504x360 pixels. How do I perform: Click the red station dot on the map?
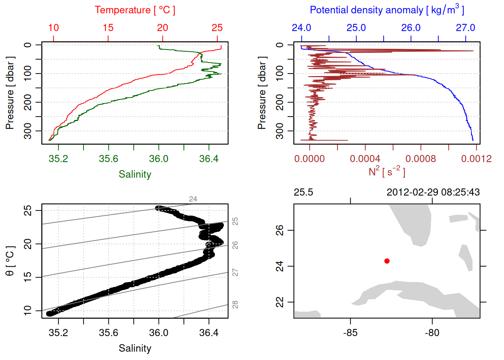click(x=387, y=261)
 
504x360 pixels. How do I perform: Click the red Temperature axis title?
click(x=135, y=10)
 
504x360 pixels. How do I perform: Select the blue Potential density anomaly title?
click(x=387, y=10)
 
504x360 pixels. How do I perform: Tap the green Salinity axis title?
click(x=135, y=174)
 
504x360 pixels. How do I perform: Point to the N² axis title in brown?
click(x=387, y=171)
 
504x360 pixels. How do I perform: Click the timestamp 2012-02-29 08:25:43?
click(x=433, y=192)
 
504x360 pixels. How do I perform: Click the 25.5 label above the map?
click(x=303, y=192)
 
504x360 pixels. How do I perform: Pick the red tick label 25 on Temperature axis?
click(x=217, y=28)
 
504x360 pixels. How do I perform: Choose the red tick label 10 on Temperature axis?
click(x=53, y=28)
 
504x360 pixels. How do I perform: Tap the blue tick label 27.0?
click(x=465, y=28)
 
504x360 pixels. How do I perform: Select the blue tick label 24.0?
click(x=301, y=28)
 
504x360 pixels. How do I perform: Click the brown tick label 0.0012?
click(x=476, y=159)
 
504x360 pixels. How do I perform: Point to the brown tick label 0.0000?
click(x=309, y=159)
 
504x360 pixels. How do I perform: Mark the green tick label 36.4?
click(x=209, y=159)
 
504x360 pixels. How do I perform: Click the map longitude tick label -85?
click(x=350, y=333)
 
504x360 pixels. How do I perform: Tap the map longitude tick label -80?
click(x=432, y=333)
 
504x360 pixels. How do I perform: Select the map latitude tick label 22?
click(x=280, y=302)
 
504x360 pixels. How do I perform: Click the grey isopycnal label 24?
click(x=193, y=199)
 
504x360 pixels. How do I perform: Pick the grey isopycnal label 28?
click(x=235, y=304)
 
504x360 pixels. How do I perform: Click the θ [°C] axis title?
click(x=10, y=261)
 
